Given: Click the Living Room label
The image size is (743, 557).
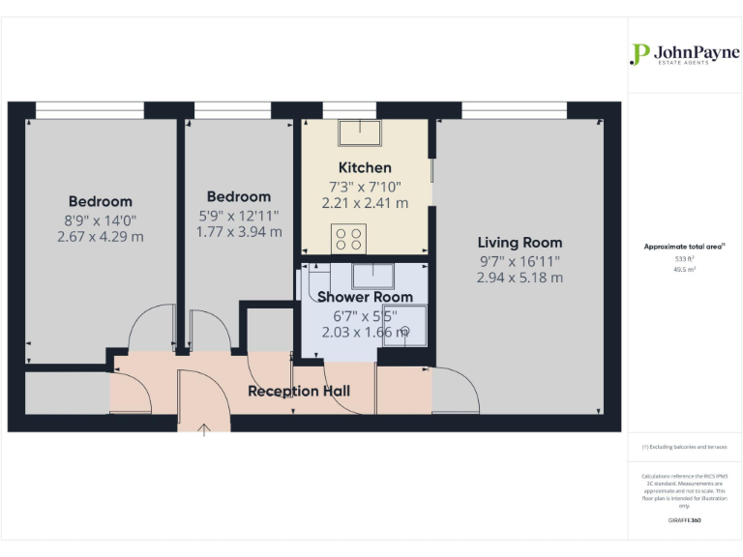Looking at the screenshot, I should click(520, 243).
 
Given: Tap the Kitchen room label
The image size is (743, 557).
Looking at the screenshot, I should click(365, 167).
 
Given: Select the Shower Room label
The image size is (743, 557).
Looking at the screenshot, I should click(365, 297).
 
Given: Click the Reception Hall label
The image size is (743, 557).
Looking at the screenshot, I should click(299, 391).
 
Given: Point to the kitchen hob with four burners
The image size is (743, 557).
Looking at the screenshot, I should click(347, 238).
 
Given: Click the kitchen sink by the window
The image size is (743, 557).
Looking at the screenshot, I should click(359, 130).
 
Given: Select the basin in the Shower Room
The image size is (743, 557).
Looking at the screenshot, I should click(371, 275).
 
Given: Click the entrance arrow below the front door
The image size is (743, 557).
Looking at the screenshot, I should click(204, 429).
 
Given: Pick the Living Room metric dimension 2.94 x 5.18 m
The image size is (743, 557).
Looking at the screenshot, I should click(520, 278).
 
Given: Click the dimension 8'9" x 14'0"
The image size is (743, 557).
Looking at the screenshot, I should click(100, 220).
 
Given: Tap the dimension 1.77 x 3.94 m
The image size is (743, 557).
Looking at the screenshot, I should click(238, 232).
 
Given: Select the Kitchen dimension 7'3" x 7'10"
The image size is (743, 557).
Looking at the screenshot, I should click(365, 186).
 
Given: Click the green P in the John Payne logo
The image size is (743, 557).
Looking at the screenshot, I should click(639, 54).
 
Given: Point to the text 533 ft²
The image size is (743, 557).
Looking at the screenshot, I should click(684, 259).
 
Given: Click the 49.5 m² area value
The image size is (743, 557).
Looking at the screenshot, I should click(684, 270).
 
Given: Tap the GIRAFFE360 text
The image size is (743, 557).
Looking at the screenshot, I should click(684, 520).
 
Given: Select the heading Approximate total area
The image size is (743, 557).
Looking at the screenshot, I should click(682, 247).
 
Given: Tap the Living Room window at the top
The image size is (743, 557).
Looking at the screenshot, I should click(514, 109).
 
